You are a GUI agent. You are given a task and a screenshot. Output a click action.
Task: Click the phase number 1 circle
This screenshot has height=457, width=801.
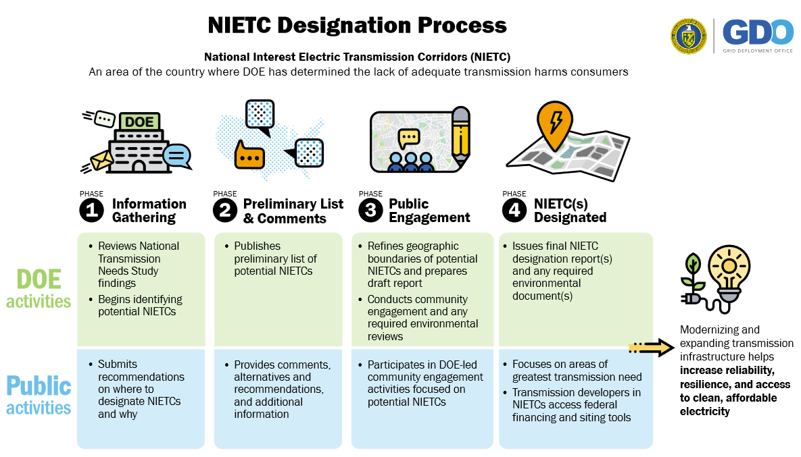pos(91,211)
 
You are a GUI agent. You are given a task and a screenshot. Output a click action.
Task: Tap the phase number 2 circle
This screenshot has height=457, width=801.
pos(225,211)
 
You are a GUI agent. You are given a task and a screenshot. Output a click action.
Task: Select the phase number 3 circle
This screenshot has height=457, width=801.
pos(370,211)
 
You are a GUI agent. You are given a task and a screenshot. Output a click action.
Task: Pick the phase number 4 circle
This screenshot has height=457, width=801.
pos(515,211)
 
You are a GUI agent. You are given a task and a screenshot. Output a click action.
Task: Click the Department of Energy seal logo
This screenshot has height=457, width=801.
pos(689,36)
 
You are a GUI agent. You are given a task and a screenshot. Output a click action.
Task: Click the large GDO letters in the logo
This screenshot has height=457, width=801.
pos(758,32)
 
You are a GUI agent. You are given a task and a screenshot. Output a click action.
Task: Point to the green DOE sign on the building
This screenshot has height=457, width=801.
pos(139,122)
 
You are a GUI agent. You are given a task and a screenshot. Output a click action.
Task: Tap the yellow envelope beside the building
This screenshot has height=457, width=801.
pos(102,160)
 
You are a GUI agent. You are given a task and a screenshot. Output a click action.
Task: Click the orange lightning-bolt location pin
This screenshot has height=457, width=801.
pos(555,123)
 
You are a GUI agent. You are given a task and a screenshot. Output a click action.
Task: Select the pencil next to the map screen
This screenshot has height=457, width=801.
pos(460,135)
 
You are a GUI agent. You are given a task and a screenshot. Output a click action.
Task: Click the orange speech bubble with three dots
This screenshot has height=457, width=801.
pos(249,155)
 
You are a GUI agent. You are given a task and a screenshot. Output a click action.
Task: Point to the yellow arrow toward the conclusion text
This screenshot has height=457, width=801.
pos(650,348)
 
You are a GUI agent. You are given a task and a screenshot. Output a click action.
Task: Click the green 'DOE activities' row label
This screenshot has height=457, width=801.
pos(39,288)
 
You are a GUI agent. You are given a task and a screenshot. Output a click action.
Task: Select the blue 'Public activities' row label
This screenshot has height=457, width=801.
pos(39,396)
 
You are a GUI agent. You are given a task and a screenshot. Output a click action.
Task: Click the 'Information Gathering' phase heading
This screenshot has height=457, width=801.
pos(149,211)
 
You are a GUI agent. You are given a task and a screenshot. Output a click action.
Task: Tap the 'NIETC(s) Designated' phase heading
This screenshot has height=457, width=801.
pos(570,211)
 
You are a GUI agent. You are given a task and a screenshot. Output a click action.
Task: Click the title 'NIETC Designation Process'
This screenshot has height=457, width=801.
pos(357,25)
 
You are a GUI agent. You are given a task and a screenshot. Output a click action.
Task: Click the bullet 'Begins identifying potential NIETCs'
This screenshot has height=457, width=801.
pos(140,305)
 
